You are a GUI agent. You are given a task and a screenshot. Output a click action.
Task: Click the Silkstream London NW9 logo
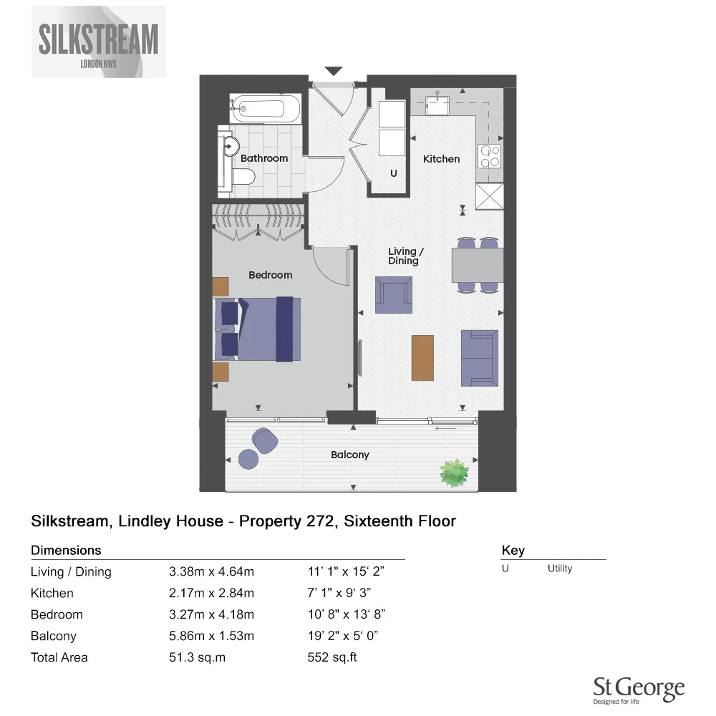coord(98,42)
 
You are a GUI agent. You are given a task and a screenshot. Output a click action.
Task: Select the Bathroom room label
coord(264,158)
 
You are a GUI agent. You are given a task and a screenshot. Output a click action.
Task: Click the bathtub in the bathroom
coord(263,110)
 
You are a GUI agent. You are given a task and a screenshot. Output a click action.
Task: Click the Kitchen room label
coord(441,159)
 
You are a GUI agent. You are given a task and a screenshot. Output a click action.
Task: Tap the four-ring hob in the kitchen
coord(490,156)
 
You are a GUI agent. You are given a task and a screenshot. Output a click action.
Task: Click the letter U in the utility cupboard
coord(393,174)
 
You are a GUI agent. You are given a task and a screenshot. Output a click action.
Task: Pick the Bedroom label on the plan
coord(270,275)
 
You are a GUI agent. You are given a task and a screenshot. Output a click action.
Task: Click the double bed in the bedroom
coord(258,329)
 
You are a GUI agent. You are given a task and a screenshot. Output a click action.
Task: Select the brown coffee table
coord(422,357)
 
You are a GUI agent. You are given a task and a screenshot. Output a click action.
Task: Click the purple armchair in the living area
coord(393,296)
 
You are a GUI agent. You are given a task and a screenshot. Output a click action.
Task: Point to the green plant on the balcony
coord(455,473)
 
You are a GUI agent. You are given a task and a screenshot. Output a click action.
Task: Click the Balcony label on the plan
coord(349,455)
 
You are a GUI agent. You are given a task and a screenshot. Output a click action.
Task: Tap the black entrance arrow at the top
coord(334,71)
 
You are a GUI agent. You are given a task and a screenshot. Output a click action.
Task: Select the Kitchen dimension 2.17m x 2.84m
coord(211,593)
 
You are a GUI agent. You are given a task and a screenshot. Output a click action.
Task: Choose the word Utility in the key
coord(559,569)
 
